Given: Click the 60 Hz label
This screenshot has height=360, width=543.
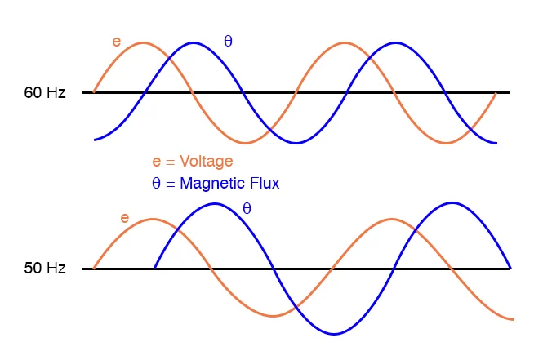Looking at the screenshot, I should (x=45, y=92).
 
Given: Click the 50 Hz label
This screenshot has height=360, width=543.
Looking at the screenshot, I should (x=45, y=268).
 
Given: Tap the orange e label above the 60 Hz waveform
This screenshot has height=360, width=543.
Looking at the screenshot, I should (x=116, y=41).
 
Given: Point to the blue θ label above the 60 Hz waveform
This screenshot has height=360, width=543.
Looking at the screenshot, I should (x=228, y=41).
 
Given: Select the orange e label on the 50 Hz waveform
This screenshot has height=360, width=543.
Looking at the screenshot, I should (x=124, y=218).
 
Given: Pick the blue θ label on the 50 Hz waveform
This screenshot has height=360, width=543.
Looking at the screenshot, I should (x=247, y=209).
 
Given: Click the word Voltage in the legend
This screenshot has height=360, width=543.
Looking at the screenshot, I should (x=206, y=162).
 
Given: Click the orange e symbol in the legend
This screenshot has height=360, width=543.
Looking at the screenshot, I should (x=157, y=162).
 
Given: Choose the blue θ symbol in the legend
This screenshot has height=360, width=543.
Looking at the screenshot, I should (x=156, y=184).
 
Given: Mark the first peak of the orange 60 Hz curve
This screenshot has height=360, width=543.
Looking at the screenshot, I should (x=144, y=42).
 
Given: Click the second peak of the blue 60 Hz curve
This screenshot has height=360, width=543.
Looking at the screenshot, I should (x=396, y=42).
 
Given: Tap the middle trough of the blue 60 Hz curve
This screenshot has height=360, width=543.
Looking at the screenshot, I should (x=296, y=143).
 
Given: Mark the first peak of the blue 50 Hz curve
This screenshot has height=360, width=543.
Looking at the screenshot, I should (x=215, y=202).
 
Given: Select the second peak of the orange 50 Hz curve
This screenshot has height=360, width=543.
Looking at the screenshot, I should (x=393, y=219).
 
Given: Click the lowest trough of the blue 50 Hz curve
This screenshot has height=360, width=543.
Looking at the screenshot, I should (x=334, y=333).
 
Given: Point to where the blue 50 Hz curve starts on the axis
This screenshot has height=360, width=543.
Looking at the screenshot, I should (x=155, y=268).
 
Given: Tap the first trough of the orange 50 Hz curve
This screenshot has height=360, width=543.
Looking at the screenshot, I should (x=274, y=316).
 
